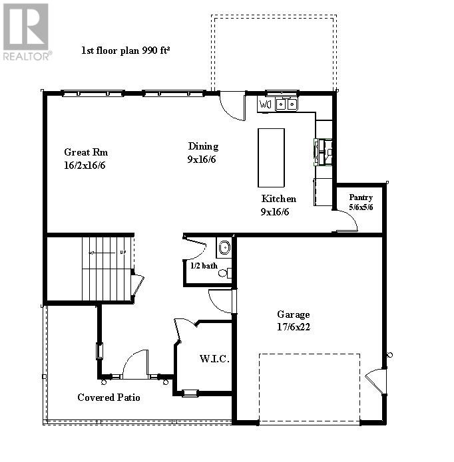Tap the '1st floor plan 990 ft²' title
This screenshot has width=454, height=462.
[125, 50]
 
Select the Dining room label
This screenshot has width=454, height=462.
[203, 146]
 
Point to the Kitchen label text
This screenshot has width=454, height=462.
[278, 199]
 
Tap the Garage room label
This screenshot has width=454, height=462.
[294, 314]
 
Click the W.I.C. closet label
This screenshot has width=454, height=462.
[214, 359]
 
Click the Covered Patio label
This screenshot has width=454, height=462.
[109, 398]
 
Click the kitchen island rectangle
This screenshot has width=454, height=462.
[271, 158]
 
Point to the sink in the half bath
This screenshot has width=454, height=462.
[224, 248]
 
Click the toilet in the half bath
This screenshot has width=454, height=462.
[224, 272]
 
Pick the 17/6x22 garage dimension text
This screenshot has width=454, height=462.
[294, 326]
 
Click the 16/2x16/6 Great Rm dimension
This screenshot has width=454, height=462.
[85, 164]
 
